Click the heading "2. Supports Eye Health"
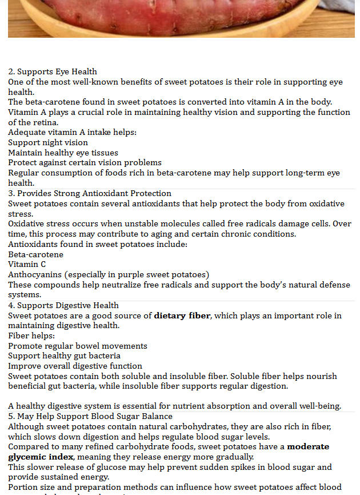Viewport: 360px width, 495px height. point(53,71)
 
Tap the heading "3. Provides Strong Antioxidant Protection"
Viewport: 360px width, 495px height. point(90,193)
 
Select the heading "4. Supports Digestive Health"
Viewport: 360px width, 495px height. point(63,305)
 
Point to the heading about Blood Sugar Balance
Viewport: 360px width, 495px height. point(90,416)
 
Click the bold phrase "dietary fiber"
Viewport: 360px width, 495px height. point(182,316)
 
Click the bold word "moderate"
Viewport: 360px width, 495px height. point(308,446)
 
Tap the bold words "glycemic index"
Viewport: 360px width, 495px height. point(41,457)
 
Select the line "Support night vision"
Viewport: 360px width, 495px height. point(48,142)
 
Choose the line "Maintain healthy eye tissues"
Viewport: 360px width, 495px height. point(63,153)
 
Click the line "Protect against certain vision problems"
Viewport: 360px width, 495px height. point(85,162)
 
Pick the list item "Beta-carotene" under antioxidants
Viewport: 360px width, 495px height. point(35,254)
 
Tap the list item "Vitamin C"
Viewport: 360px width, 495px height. point(27,264)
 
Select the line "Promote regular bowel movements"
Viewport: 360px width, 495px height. point(78,346)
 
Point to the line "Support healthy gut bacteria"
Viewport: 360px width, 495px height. point(64,356)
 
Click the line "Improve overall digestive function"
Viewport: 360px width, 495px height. point(75,366)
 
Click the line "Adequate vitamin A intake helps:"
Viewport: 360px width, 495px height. point(73,132)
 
